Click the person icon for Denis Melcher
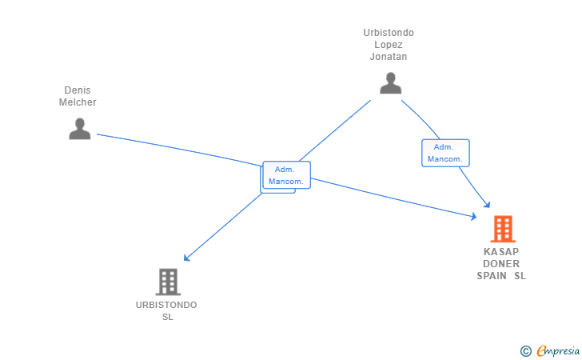click(80, 129)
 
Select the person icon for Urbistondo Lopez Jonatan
click(390, 83)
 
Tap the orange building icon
click(503, 229)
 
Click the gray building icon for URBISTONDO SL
click(168, 282)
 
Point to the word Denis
click(78, 90)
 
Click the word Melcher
click(78, 102)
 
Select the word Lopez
click(389, 45)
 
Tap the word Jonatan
click(389, 57)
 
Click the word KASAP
click(501, 252)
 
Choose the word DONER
click(501, 264)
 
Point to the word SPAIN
click(492, 276)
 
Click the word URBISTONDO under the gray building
click(166, 305)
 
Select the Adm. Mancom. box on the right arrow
click(445, 153)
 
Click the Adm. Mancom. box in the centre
click(286, 175)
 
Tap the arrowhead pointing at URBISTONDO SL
click(187, 258)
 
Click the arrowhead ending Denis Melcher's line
click(473, 216)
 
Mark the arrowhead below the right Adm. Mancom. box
click(487, 205)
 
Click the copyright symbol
click(525, 351)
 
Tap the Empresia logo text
click(558, 351)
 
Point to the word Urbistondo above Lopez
click(389, 33)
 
